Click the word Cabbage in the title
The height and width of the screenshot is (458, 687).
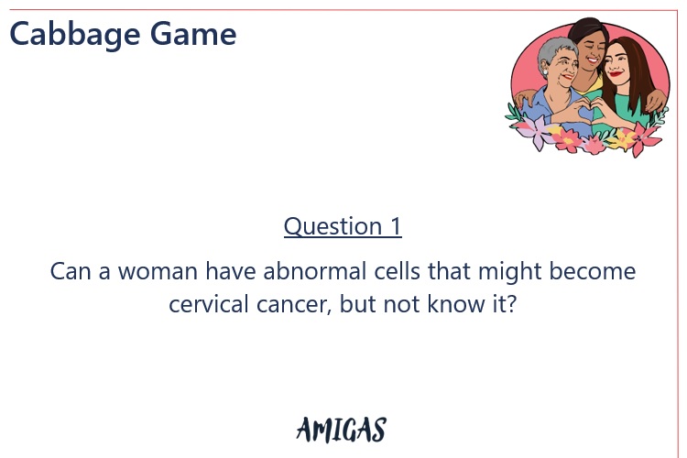pyautogui.click(x=69, y=34)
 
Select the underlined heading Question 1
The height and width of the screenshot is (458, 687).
pyautogui.click(x=343, y=226)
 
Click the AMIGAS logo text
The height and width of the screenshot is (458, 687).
pyautogui.click(x=341, y=429)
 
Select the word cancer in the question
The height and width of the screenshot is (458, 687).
pyautogui.click(x=297, y=304)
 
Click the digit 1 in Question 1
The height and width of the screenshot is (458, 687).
pyautogui.click(x=395, y=226)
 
